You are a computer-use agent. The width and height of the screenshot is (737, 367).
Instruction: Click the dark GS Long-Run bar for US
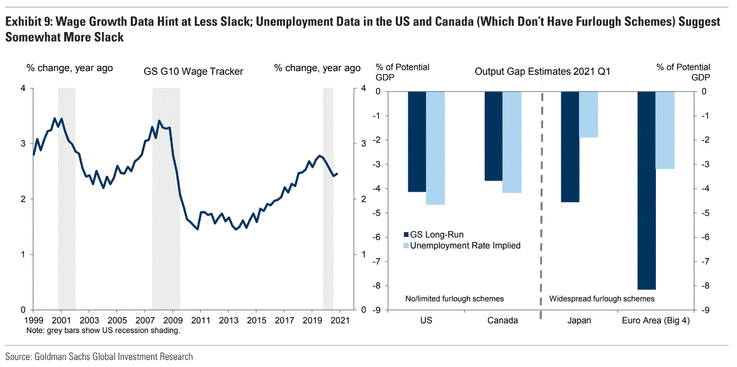(x=417, y=141)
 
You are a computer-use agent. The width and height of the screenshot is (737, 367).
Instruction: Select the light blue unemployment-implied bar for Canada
(x=512, y=142)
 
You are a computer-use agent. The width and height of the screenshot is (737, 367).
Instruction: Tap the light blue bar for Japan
(x=588, y=114)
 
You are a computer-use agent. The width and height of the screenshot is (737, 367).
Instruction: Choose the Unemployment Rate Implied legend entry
(x=461, y=246)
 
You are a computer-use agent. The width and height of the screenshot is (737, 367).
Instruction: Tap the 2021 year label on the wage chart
(x=340, y=320)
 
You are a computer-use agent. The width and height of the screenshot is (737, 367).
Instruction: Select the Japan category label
(x=579, y=320)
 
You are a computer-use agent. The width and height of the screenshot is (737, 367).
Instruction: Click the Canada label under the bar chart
(x=502, y=320)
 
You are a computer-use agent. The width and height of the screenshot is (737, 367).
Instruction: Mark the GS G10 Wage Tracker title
(x=193, y=72)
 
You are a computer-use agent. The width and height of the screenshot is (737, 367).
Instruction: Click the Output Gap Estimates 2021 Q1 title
(x=542, y=72)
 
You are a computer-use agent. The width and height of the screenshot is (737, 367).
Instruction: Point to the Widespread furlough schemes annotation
(x=602, y=299)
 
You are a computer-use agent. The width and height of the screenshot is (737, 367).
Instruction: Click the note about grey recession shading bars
(x=103, y=331)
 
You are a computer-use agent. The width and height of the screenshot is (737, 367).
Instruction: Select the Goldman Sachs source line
(x=99, y=357)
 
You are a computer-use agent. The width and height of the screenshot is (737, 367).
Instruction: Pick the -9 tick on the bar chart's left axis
(x=376, y=310)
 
